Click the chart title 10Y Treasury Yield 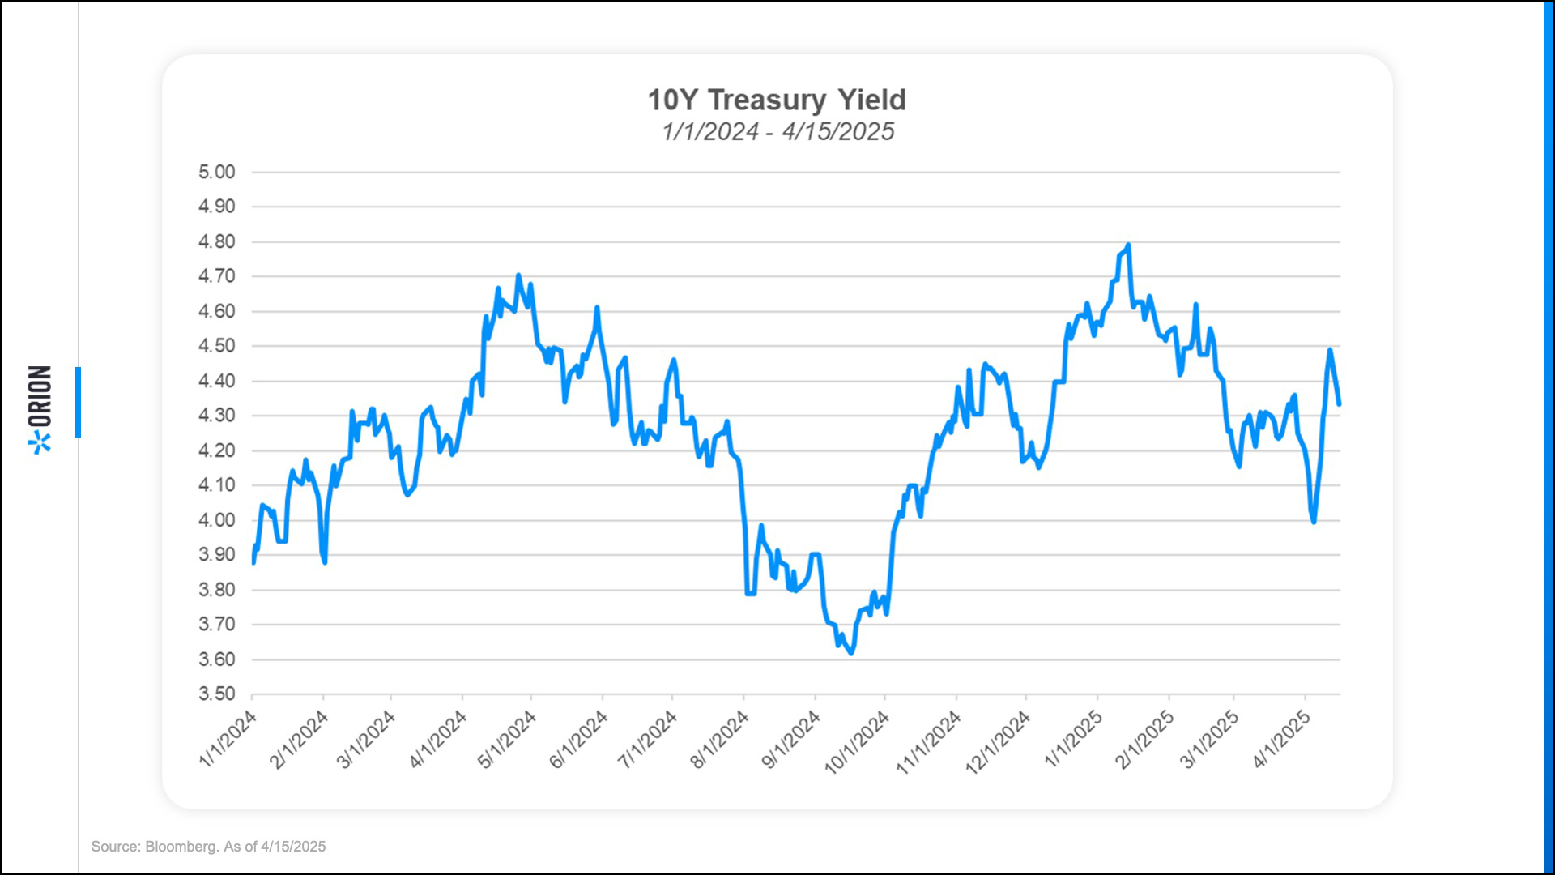(x=776, y=100)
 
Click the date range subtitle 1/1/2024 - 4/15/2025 (x=777, y=131)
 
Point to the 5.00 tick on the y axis (x=216, y=172)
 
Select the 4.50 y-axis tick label (x=216, y=346)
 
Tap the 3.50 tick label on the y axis (x=216, y=694)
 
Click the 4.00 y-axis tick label (x=216, y=520)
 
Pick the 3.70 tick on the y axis (x=216, y=624)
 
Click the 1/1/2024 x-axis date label (x=228, y=738)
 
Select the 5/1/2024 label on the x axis (x=508, y=738)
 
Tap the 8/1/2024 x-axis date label (x=720, y=738)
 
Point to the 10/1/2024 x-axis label (x=858, y=741)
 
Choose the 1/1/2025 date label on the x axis (x=1074, y=738)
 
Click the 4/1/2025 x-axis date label (x=1282, y=738)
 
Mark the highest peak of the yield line (x=1128, y=245)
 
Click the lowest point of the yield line (x=851, y=653)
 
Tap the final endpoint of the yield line (x=1339, y=403)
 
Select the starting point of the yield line (x=253, y=562)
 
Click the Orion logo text (x=40, y=397)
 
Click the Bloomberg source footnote (x=208, y=847)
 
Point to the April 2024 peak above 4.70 (x=518, y=275)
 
